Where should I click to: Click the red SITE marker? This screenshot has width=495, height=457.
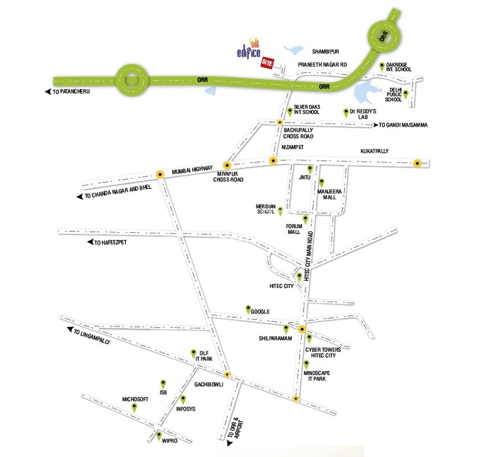(x=267, y=63)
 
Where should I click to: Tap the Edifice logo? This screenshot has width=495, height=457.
(x=249, y=48)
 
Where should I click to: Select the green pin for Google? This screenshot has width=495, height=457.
(x=248, y=309)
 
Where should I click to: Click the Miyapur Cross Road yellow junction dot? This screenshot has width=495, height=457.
(x=227, y=165)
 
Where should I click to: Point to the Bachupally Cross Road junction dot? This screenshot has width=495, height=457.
(x=279, y=122)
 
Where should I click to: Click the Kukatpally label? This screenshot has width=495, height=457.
(x=374, y=151)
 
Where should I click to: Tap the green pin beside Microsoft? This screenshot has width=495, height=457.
(x=134, y=407)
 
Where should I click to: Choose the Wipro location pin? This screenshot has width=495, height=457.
(x=159, y=436)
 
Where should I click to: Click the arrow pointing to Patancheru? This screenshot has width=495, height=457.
(x=48, y=92)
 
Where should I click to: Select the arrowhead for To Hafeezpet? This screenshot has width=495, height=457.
(x=90, y=242)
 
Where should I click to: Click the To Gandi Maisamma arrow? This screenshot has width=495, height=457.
(x=376, y=125)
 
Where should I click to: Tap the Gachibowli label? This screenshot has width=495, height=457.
(x=208, y=384)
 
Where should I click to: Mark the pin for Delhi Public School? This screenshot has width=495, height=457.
(x=405, y=94)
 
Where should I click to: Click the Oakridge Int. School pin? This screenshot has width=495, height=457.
(x=382, y=67)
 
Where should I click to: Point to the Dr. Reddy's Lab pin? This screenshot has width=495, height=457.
(x=346, y=113)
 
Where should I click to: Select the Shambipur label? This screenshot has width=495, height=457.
(x=325, y=51)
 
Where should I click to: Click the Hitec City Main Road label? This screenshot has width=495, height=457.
(x=308, y=256)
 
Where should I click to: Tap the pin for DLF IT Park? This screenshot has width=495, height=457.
(x=193, y=354)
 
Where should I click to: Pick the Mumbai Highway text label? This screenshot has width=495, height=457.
(x=192, y=170)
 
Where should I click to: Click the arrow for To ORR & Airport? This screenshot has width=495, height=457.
(x=229, y=443)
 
